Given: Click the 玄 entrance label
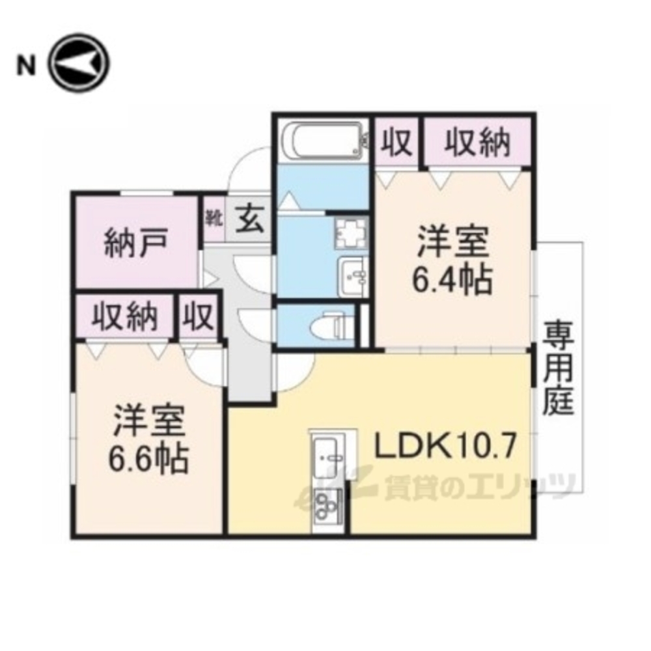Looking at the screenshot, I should [250, 219].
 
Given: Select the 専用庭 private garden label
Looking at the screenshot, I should [559, 368].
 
